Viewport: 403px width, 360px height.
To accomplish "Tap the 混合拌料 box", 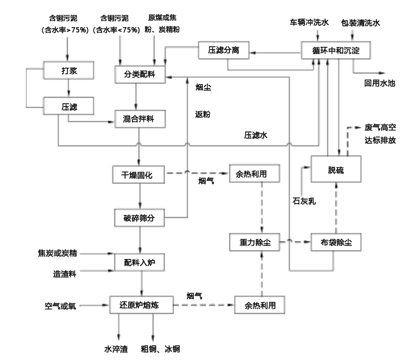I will [139, 119].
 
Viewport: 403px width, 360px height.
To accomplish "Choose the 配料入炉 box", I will [139, 262].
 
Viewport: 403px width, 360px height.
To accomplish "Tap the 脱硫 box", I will [335, 171].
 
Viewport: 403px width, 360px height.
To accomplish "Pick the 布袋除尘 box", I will [335, 243].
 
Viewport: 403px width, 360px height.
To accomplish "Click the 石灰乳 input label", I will [304, 200].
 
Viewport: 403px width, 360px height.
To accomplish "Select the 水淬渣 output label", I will [117, 349].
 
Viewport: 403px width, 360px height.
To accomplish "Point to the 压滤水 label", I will [255, 135].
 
